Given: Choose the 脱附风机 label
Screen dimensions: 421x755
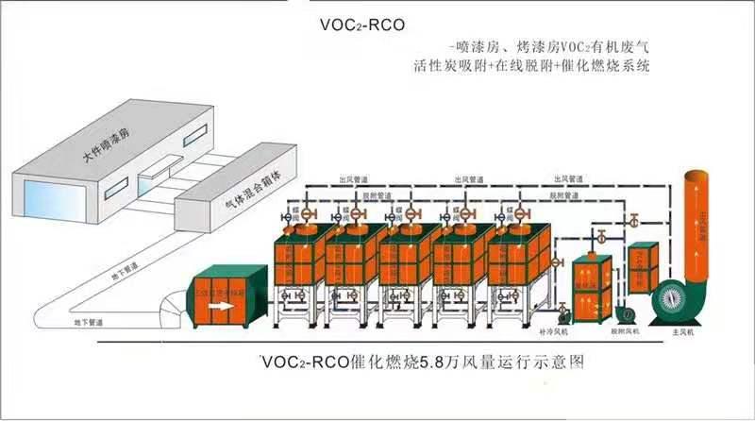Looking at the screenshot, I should point(625,332).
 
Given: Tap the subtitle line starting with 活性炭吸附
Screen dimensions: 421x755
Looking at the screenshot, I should point(532,67).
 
